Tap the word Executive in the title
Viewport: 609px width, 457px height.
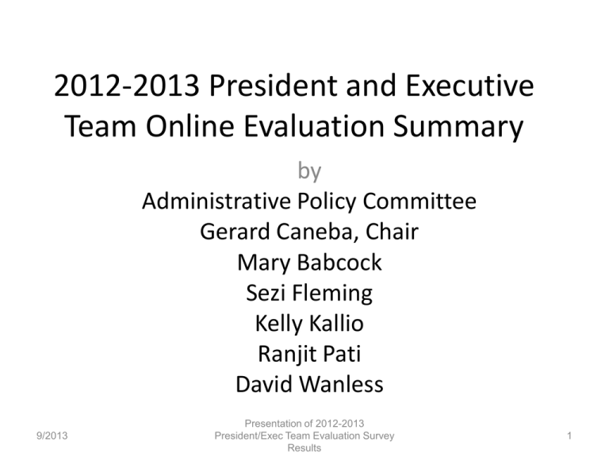coord(470,85)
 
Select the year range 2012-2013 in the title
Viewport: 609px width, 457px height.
coord(127,85)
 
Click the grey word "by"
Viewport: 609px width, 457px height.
coord(309,171)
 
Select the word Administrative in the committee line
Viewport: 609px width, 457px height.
coord(216,201)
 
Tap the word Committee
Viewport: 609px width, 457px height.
coord(419,201)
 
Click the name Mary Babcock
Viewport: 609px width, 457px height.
coord(309,263)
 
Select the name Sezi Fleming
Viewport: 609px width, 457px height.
coord(309,294)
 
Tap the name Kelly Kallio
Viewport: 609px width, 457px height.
coord(309,324)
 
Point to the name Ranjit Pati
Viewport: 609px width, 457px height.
coord(309,355)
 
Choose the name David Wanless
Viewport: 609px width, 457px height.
coord(309,384)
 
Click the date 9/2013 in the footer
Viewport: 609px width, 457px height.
coord(52,436)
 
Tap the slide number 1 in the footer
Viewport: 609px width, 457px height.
coord(569,436)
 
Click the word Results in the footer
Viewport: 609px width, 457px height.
coord(304,448)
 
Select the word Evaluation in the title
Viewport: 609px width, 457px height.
coord(314,126)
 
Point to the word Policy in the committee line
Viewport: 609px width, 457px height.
coord(327,202)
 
